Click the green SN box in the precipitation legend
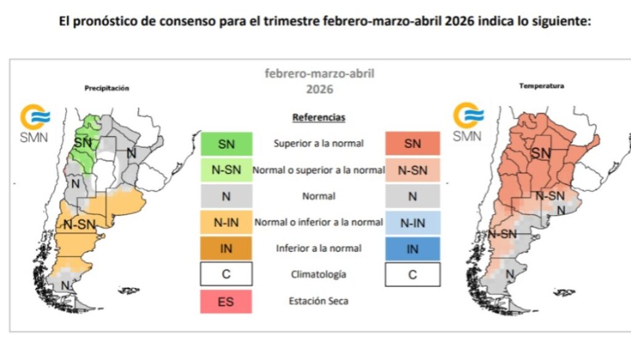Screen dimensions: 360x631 pos(226,144)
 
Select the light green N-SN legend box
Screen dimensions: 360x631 pos(226,170)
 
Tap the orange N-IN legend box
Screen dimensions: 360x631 pos(226,223)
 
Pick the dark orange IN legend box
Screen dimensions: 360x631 pos(226,248)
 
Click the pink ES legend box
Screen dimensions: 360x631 pos(226,301)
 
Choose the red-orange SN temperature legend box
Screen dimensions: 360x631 pos(412,144)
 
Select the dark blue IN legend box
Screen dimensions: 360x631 pos(412,248)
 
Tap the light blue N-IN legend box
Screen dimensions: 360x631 pos(412,223)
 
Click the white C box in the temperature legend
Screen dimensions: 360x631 pos(412,275)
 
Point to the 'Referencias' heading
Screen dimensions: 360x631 pos(319,117)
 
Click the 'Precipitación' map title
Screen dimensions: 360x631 pos(107,88)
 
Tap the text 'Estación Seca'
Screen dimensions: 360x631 pos(318,301)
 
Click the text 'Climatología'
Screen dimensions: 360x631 pos(319,275)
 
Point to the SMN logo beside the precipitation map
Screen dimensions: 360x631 pos(35,124)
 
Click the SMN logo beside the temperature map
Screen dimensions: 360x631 pos(468,122)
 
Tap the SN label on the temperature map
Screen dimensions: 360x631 pos(541,153)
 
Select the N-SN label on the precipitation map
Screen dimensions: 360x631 pos(79,225)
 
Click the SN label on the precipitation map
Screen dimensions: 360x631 pos(82,142)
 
